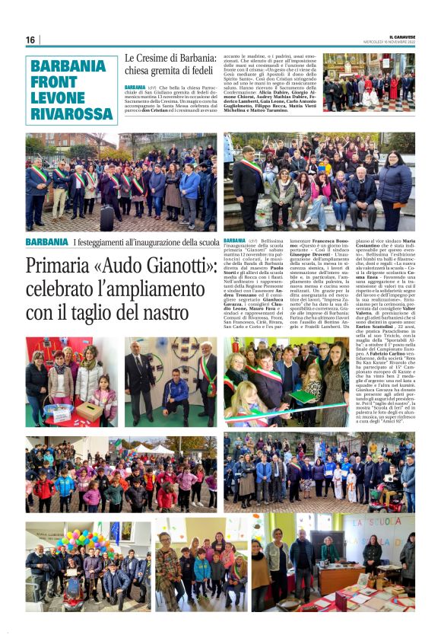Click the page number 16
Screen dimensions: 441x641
30,40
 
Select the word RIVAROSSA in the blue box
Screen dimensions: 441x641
72,113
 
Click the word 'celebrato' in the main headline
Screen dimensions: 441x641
62,290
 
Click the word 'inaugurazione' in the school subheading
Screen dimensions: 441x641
157,242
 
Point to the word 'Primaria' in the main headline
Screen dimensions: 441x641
59,267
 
